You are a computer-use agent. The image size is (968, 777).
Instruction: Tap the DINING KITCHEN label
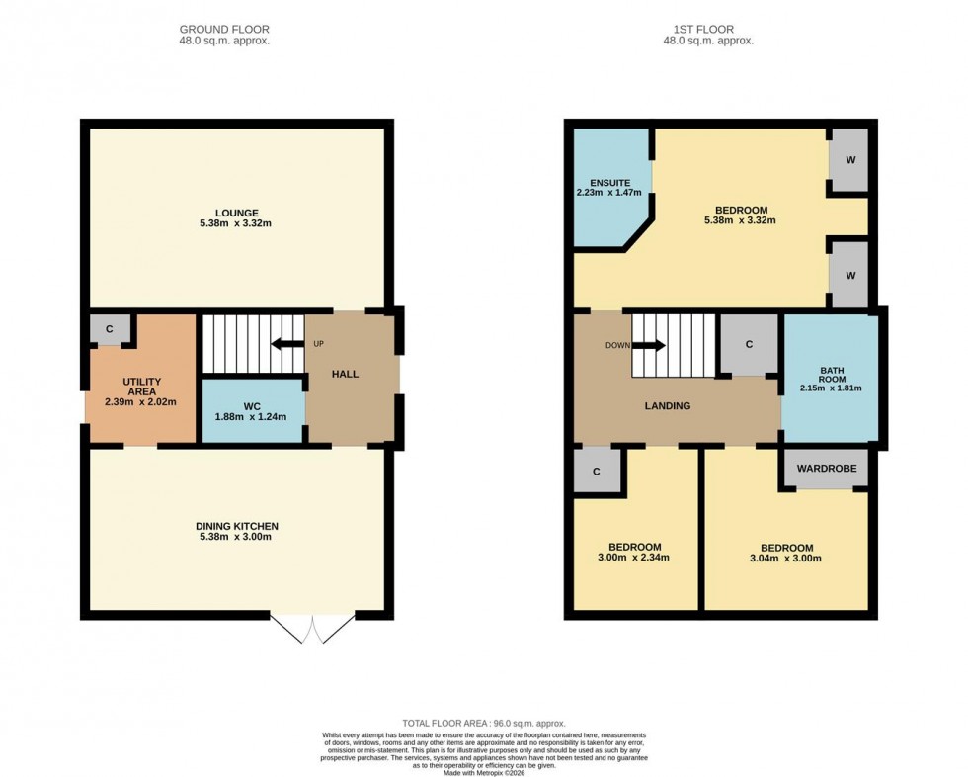point(237,526)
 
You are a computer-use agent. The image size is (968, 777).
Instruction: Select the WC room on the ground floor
point(251,409)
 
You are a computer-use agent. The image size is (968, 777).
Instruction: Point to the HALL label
point(345,374)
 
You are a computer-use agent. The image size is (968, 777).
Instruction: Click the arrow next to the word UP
point(287,344)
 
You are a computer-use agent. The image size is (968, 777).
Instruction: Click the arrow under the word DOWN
point(648,346)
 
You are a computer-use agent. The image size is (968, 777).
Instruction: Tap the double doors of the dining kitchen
point(312,630)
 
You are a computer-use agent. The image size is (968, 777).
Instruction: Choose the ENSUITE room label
point(610,183)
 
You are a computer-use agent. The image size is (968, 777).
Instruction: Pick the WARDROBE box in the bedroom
point(827,469)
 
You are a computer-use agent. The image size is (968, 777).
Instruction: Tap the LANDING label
point(669,405)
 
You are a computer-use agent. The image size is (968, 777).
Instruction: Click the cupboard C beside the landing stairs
point(749,344)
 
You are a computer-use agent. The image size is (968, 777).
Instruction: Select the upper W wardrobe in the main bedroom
point(848,160)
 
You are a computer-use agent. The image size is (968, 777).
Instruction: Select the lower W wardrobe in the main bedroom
point(848,274)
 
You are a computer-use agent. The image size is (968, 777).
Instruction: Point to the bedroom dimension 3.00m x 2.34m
point(634,557)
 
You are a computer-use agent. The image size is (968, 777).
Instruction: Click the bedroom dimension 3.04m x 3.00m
point(786,558)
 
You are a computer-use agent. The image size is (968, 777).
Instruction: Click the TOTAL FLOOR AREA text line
point(483,724)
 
